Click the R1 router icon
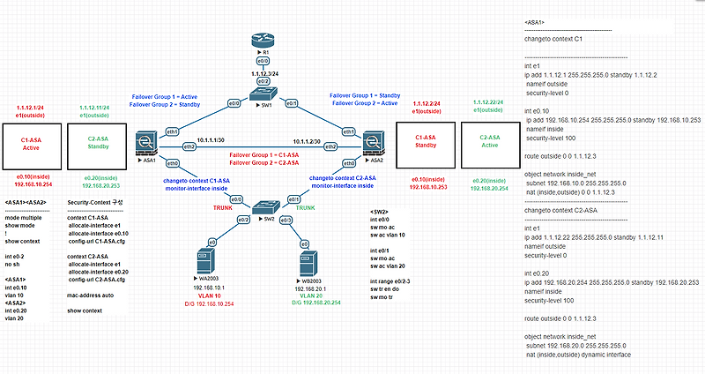(262, 40)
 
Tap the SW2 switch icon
(262, 207)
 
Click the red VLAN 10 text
(209, 295)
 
